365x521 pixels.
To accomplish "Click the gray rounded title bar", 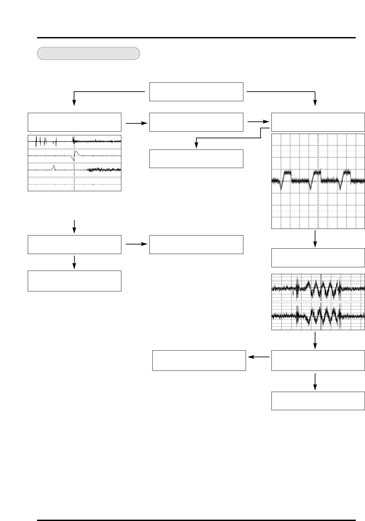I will pyautogui.click(x=88, y=53).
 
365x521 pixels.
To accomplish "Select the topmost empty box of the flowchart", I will pyautogui.click(x=196, y=92).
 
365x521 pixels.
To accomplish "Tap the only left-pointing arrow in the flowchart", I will pyautogui.click(x=259, y=357).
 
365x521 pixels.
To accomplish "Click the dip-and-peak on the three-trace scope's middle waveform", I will pyautogui.click(x=75, y=155).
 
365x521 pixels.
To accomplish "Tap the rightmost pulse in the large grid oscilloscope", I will pyautogui.click(x=345, y=175).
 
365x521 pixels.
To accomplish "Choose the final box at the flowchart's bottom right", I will pyautogui.click(x=318, y=401).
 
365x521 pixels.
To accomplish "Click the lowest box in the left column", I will pyautogui.click(x=74, y=281).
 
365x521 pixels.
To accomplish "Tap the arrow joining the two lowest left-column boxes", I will pyautogui.click(x=74, y=261).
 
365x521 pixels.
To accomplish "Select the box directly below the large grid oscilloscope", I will pyautogui.click(x=318, y=258).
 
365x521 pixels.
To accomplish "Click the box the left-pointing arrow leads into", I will pyautogui.click(x=199, y=360).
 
